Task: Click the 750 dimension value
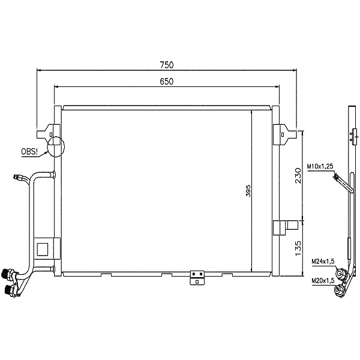click(x=166, y=64)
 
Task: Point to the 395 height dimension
click(x=248, y=190)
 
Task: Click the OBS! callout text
click(x=28, y=151)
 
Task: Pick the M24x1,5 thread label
click(x=322, y=262)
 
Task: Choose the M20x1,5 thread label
click(x=322, y=280)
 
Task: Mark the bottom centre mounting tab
click(x=196, y=278)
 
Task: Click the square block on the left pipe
click(x=43, y=248)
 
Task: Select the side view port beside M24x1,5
click(x=341, y=274)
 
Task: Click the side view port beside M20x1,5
click(x=340, y=292)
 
